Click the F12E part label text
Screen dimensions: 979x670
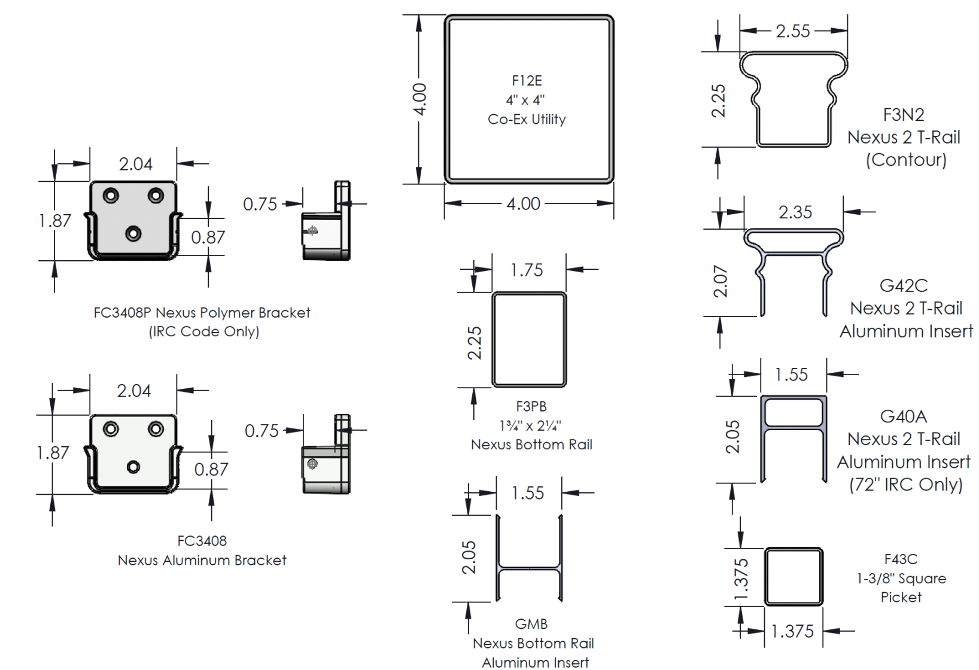(x=527, y=81)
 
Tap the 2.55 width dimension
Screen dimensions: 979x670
(x=793, y=31)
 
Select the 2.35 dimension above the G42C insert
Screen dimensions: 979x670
(x=795, y=212)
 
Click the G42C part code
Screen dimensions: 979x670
(x=904, y=285)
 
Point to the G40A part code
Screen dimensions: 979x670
(x=904, y=416)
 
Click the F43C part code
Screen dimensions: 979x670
(x=901, y=559)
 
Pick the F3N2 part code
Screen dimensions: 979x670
(x=904, y=114)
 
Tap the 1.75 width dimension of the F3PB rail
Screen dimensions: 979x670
(x=527, y=270)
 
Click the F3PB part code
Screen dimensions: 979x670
(x=531, y=406)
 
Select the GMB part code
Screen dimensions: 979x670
(x=531, y=624)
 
